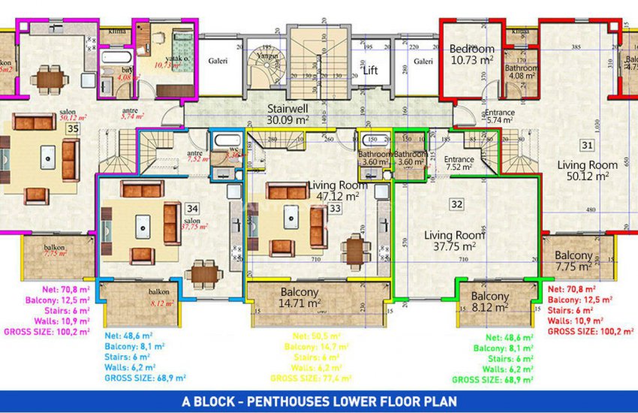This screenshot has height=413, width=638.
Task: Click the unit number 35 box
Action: point(73,128)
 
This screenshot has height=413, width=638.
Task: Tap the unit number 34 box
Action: point(192,208)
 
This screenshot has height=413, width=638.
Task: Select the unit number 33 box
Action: point(334,208)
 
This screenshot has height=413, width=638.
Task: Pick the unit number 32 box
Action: point(456,203)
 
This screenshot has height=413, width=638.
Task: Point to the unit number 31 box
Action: point(586,145)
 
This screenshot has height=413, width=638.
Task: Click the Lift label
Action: point(370,71)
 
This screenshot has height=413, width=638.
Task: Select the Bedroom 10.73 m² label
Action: point(471,54)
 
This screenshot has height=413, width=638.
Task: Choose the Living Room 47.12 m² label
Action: point(338,191)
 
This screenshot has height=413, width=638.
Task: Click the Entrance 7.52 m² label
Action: point(459,163)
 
